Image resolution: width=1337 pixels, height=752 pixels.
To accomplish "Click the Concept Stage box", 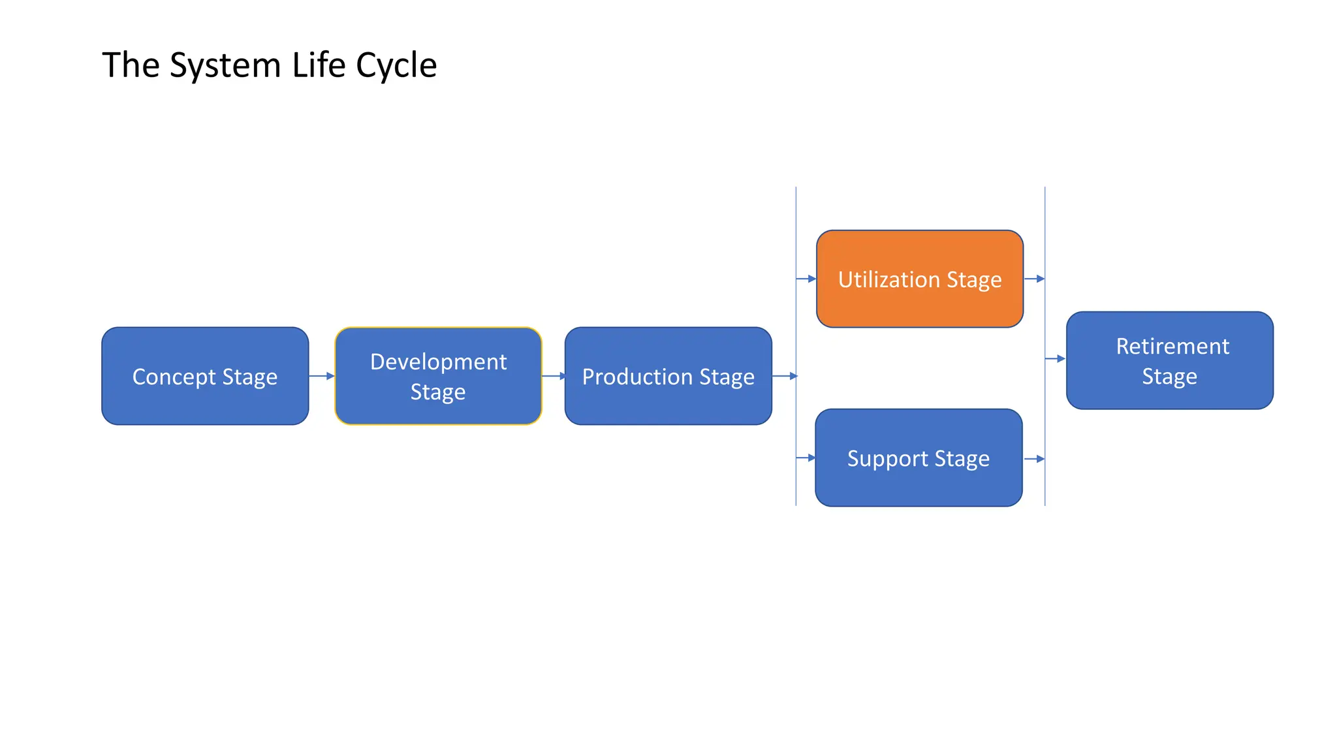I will click(x=205, y=376).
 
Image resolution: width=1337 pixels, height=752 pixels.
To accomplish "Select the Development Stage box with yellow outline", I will click(x=438, y=376).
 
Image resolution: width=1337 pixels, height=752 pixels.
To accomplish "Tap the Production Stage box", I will click(x=668, y=376).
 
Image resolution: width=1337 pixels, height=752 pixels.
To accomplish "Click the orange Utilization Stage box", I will click(x=919, y=279).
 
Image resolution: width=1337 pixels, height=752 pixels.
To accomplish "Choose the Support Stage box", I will click(x=918, y=458).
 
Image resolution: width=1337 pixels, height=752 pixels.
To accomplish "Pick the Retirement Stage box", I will click(x=1169, y=360).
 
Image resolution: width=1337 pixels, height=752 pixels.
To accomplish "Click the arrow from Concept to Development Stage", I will click(x=321, y=376).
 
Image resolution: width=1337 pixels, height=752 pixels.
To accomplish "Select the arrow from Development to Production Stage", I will click(x=554, y=376).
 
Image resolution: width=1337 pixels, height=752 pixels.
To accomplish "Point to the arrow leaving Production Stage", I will click(x=785, y=376).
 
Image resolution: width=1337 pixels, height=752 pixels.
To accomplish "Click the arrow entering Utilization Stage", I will click(x=807, y=279).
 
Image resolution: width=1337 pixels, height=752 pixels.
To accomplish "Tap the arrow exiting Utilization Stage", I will click(x=1035, y=279).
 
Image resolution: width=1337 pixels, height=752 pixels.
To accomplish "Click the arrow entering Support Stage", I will click(x=806, y=458).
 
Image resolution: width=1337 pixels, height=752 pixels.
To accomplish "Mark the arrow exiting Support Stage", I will click(x=1035, y=459).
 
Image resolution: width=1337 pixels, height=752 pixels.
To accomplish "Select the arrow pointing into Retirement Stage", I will click(x=1056, y=358).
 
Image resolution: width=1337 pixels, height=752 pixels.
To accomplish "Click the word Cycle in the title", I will click(x=396, y=65).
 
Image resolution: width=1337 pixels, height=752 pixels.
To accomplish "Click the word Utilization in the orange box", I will click(x=889, y=279).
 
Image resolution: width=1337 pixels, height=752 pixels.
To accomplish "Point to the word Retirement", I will click(x=1172, y=346).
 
